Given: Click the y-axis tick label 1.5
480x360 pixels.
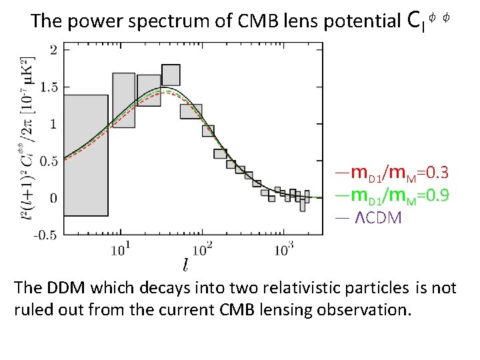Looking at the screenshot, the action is [49, 87].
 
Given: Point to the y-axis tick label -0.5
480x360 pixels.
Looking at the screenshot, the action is [45, 235].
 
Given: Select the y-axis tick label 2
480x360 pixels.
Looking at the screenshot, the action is [54, 50].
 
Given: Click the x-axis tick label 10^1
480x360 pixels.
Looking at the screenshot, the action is [121, 249].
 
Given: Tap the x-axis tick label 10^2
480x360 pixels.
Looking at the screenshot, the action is [202, 249].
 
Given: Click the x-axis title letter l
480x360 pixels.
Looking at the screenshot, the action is [185, 265].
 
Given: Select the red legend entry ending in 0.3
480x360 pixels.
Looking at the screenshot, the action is [393, 173].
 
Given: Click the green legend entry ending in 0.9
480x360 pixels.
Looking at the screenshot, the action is [393, 195].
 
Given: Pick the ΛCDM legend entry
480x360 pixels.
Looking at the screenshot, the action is [369, 217].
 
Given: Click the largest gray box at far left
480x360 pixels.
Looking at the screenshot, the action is [86, 155].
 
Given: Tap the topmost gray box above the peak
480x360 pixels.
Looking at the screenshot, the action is [171, 75].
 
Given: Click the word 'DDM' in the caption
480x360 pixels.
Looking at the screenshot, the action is [66, 288].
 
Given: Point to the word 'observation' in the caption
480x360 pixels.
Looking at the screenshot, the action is [364, 310].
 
